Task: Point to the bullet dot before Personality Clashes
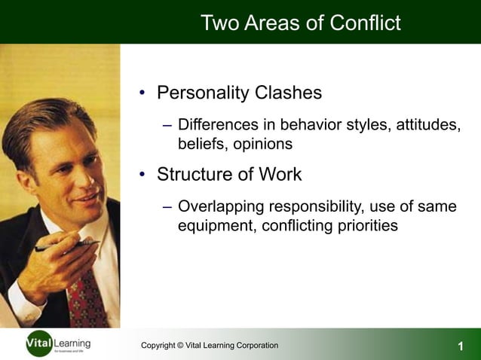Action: (x=142, y=94)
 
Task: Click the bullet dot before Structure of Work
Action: (x=142, y=175)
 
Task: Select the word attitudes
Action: (x=423, y=124)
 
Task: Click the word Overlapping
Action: (x=222, y=206)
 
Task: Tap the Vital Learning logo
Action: (x=57, y=344)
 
